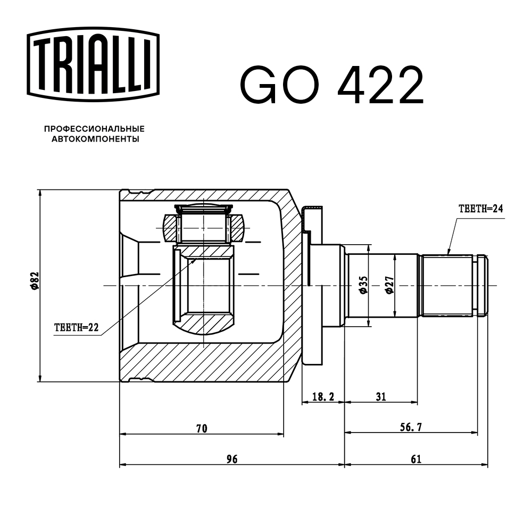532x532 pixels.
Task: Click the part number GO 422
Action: pyautogui.click(x=332, y=85)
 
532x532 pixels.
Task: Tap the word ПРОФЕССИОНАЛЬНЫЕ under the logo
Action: pyautogui.click(x=94, y=129)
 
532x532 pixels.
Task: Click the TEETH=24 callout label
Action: pyautogui.click(x=480, y=208)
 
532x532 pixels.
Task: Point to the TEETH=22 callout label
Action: pyautogui.click(x=77, y=328)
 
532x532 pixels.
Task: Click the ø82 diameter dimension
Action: pyautogui.click(x=34, y=280)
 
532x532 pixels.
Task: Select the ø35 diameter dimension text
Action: pyautogui.click(x=362, y=285)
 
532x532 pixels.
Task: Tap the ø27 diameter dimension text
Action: pyautogui.click(x=389, y=285)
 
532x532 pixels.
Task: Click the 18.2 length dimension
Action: pyautogui.click(x=323, y=396)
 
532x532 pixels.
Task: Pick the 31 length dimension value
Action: pyautogui.click(x=380, y=396)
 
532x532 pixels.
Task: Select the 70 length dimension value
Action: pyautogui.click(x=201, y=428)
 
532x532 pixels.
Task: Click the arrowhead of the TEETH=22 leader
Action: pyautogui.click(x=195, y=261)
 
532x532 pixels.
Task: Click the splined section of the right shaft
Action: pyautogui.click(x=447, y=285)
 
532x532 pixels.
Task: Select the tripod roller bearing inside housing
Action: pyautogui.click(x=203, y=227)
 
